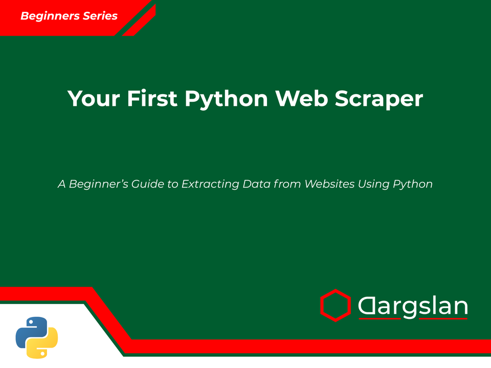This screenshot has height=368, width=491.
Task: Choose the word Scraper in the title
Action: (x=379, y=99)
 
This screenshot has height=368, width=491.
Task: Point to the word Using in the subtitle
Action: (x=374, y=184)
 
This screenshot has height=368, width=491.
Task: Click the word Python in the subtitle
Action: (x=413, y=184)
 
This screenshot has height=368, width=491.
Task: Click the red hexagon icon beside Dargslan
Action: (x=335, y=305)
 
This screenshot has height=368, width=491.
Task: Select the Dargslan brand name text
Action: (x=412, y=306)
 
